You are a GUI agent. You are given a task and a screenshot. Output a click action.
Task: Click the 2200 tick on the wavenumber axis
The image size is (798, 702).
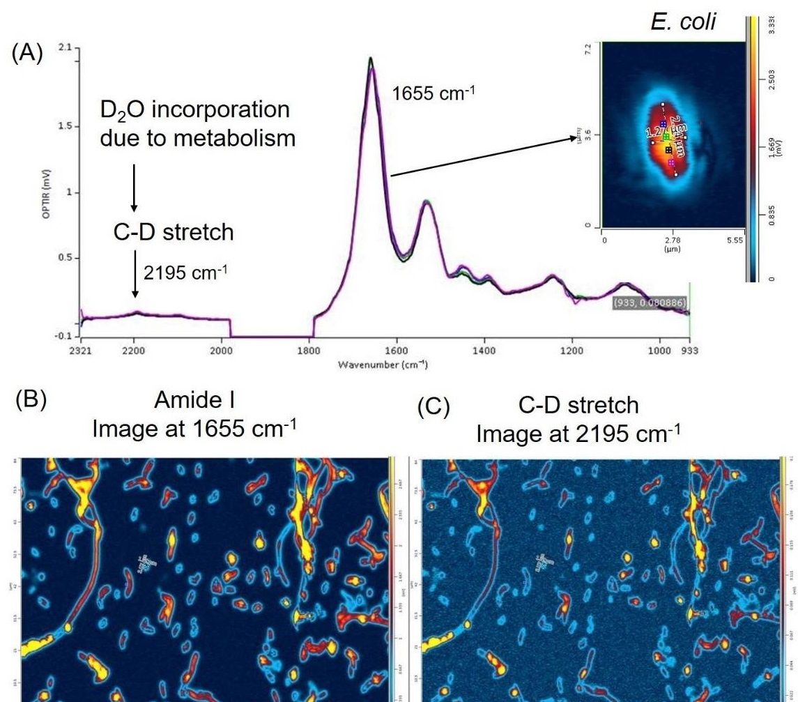coord(135,350)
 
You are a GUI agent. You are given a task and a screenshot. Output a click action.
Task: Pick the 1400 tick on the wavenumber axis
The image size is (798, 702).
coord(484,350)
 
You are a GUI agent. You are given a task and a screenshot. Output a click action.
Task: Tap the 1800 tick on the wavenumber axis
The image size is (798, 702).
coord(309,350)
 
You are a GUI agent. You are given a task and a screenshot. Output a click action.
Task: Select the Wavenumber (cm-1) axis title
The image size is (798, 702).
coord(390,365)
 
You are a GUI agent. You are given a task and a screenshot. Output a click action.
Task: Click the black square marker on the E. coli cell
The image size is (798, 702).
coord(669,151)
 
